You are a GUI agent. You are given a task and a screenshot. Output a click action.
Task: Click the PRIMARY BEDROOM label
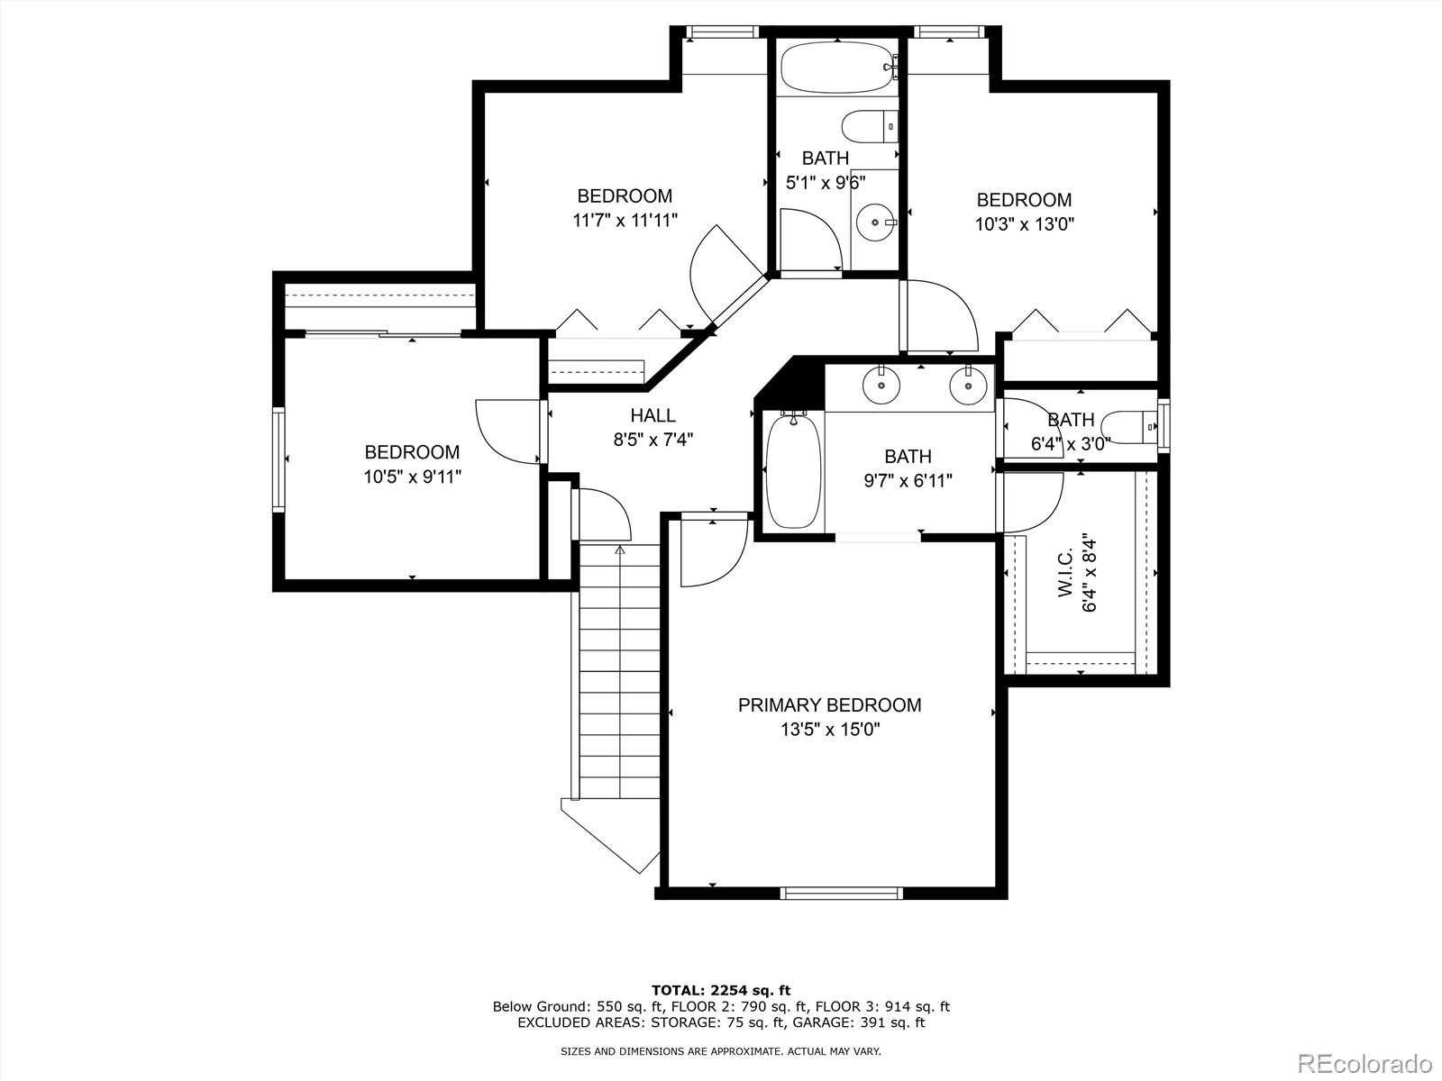[x=829, y=705]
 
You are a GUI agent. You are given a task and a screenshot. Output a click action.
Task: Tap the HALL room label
[x=653, y=416]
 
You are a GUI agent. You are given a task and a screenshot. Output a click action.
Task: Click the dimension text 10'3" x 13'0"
[x=1024, y=223]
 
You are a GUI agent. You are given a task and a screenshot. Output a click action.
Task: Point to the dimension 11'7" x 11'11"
[x=625, y=220]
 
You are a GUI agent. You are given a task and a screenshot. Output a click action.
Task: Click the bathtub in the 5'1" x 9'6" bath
[x=836, y=67]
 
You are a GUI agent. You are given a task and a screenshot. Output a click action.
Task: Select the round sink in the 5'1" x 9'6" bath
[x=875, y=222]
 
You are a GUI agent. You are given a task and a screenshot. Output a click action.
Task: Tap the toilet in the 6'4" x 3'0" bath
[x=1131, y=426]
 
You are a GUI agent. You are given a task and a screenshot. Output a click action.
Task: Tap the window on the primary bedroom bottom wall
[x=841, y=893]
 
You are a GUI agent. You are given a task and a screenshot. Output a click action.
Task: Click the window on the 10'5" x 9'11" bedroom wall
[x=279, y=459]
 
